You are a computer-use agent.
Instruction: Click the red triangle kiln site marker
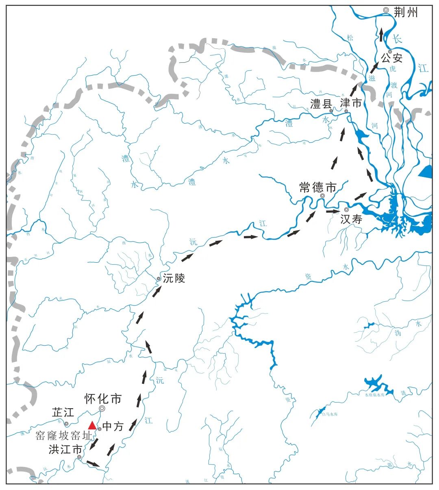(x=92, y=425)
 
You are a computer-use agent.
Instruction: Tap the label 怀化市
(x=103, y=399)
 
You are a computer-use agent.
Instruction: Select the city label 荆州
(x=406, y=13)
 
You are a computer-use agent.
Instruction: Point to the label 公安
(x=391, y=59)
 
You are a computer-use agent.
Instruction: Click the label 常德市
(x=318, y=187)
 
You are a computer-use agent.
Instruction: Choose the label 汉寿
(x=351, y=219)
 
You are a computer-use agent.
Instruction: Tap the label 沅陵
(x=174, y=279)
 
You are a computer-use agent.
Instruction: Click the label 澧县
(x=321, y=104)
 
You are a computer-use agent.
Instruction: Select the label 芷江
(x=63, y=412)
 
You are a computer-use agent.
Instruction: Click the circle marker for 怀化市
(x=102, y=408)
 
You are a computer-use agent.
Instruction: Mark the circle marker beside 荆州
(x=386, y=10)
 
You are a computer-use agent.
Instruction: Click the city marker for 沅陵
(x=159, y=279)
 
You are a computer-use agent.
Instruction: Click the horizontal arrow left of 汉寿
(x=332, y=211)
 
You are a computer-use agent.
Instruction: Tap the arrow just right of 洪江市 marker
(x=93, y=463)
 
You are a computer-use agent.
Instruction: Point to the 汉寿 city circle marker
(x=346, y=209)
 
